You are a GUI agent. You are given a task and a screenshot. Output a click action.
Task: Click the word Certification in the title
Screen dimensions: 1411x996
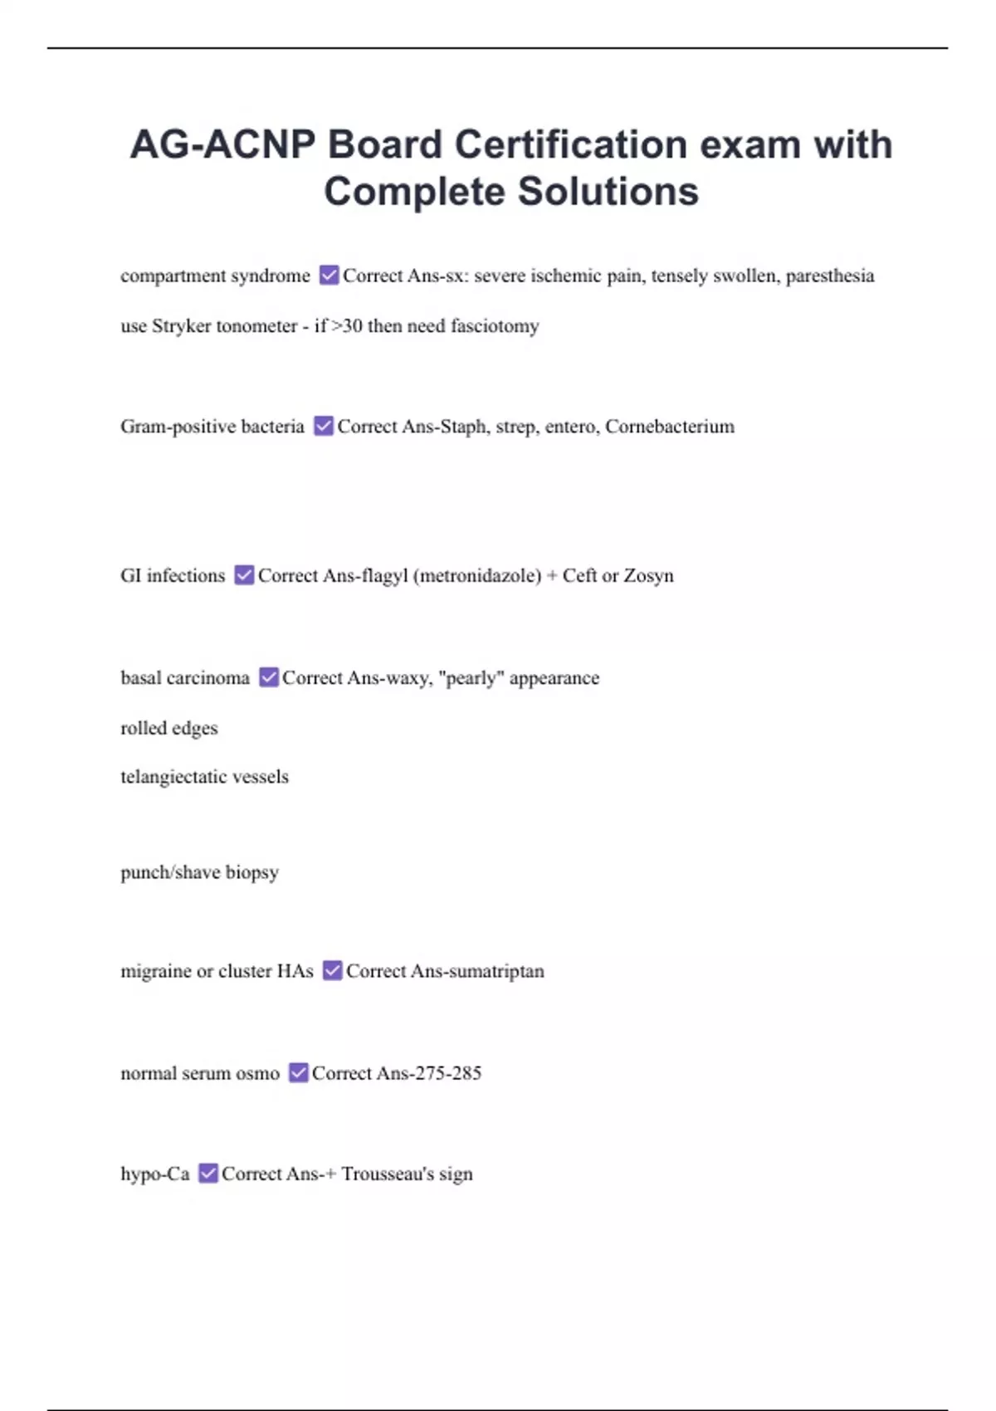(570, 144)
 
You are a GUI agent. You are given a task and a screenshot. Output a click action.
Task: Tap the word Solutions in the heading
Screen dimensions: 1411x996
(608, 192)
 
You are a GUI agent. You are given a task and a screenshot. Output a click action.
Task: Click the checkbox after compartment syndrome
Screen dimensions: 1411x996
(329, 275)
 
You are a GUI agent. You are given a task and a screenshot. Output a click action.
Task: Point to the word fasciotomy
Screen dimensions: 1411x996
(495, 326)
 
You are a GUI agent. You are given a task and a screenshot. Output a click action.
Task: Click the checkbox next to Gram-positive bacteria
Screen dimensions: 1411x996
(324, 426)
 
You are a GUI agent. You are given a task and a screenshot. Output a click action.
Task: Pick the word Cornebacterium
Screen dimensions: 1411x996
(669, 427)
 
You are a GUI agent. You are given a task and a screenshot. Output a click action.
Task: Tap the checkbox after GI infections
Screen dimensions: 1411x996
(244, 575)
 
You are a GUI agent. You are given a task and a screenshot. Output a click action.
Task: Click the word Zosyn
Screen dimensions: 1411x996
(648, 576)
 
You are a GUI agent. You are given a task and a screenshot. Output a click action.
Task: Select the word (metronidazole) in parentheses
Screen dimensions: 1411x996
(477, 576)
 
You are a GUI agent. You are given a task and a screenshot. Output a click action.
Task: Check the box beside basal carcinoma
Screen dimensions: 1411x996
(268, 677)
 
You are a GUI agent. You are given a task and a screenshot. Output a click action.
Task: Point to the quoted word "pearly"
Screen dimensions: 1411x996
(471, 678)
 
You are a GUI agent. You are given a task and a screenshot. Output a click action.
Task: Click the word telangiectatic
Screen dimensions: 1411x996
(172, 777)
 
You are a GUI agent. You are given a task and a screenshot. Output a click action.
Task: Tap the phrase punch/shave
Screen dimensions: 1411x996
(170, 872)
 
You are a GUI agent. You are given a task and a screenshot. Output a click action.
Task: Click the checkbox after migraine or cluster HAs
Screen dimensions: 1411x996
(332, 970)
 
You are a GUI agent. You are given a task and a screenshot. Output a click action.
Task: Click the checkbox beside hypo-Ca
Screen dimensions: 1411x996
(208, 1173)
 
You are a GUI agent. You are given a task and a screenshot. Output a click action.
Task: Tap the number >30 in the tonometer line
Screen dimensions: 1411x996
(347, 326)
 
